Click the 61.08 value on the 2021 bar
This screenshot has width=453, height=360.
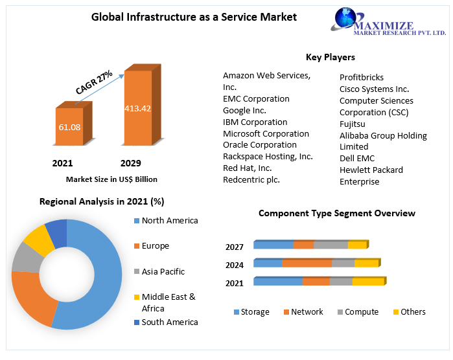[69, 127]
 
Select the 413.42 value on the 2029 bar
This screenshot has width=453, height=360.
[137, 108]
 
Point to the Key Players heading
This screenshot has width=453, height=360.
[330, 57]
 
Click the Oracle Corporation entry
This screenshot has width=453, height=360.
[259, 145]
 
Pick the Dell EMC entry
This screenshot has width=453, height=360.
[357, 158]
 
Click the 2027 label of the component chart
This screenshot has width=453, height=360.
[235, 247]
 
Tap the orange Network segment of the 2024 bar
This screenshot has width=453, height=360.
[307, 263]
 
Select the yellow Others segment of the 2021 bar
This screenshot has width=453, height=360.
[368, 281]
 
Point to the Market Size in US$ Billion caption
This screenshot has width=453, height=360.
[111, 179]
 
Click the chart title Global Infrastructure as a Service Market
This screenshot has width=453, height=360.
[194, 17]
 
